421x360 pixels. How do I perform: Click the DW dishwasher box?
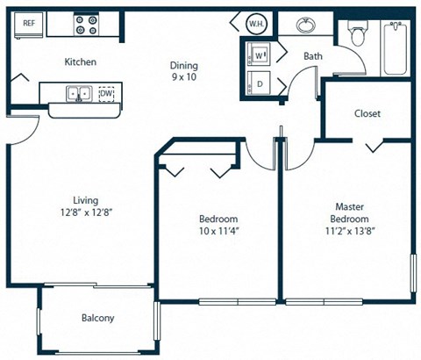tap(107, 93)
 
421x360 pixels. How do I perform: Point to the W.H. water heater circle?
tap(255, 24)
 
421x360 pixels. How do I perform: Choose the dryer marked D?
tap(260, 84)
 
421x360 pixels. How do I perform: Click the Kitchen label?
tap(80, 62)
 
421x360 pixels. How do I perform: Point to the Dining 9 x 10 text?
tap(184, 71)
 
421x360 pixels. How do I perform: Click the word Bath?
tap(313, 57)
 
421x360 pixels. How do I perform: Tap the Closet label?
tap(367, 113)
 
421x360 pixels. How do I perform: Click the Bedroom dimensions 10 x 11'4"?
tap(217, 232)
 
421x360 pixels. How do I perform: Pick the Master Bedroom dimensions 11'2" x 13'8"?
tap(349, 232)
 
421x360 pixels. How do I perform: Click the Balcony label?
tap(97, 319)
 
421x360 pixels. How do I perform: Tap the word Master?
tap(349, 205)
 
